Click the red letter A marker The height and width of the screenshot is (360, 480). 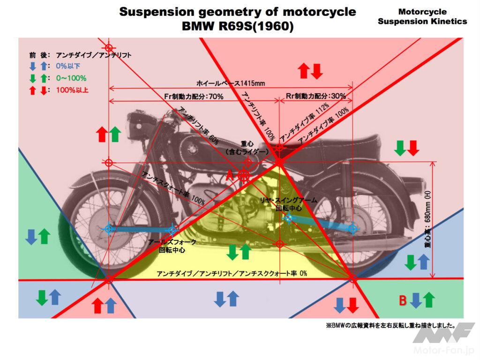pyautogui.click(x=230, y=176)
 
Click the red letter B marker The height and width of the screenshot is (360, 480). pyautogui.click(x=402, y=300)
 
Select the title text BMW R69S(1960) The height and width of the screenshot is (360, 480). pyautogui.click(x=237, y=27)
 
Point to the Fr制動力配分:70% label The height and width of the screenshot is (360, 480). pyautogui.click(x=194, y=96)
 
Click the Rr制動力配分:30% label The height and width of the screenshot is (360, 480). pyautogui.click(x=316, y=96)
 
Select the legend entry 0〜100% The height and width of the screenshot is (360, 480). pyautogui.click(x=71, y=78)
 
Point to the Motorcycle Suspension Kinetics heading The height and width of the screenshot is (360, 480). pyautogui.click(x=422, y=16)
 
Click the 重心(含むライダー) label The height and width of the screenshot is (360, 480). pyautogui.click(x=247, y=148)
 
